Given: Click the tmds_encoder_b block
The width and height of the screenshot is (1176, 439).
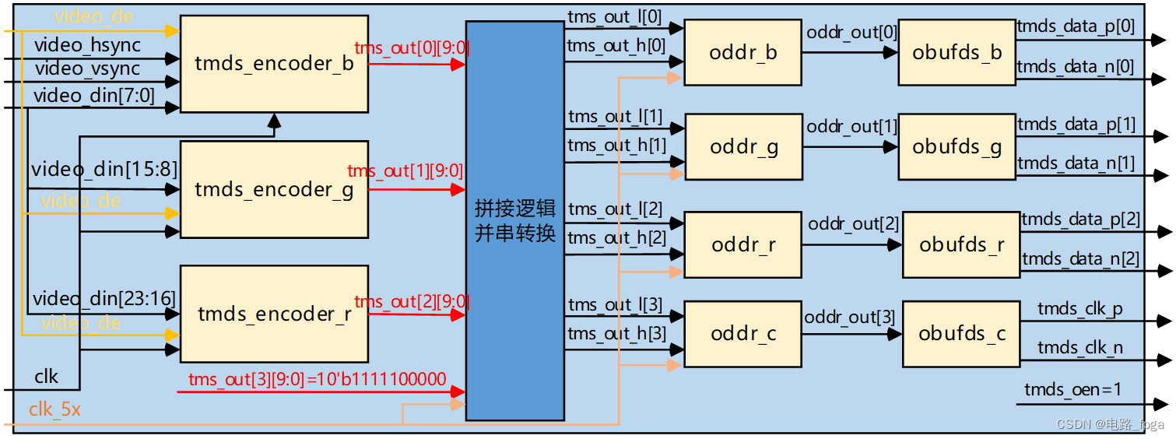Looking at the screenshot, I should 273,64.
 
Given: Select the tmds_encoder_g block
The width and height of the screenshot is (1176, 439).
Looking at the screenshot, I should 273,189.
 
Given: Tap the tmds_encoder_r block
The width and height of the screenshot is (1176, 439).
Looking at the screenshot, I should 273,314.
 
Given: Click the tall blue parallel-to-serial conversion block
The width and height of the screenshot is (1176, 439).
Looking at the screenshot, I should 514,220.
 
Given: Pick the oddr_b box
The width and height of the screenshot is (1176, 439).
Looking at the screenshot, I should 742,53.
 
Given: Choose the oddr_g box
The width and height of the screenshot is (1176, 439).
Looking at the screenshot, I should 743,147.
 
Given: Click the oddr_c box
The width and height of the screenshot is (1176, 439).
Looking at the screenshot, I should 742,334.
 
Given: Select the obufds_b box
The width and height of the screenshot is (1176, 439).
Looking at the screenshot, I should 957,53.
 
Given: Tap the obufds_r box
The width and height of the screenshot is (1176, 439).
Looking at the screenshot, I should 960,244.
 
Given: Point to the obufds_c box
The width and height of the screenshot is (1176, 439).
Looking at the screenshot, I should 960,334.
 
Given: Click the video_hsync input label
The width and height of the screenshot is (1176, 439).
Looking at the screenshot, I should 87,45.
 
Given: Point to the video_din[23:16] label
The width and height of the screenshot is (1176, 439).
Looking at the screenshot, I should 104,298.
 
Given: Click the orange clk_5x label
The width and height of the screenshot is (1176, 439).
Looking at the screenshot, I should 54,409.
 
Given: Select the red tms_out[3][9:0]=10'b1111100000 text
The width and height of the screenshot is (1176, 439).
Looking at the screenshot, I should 318,380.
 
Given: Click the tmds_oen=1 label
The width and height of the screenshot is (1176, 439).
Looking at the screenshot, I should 1072,389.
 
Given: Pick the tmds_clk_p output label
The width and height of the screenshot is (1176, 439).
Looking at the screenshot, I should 1080,310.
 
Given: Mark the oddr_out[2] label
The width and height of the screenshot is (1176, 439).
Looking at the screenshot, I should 853,224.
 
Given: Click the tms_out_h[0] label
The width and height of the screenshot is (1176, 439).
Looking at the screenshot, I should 616,46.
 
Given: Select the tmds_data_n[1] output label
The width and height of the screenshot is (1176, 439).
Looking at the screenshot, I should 1076,163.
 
